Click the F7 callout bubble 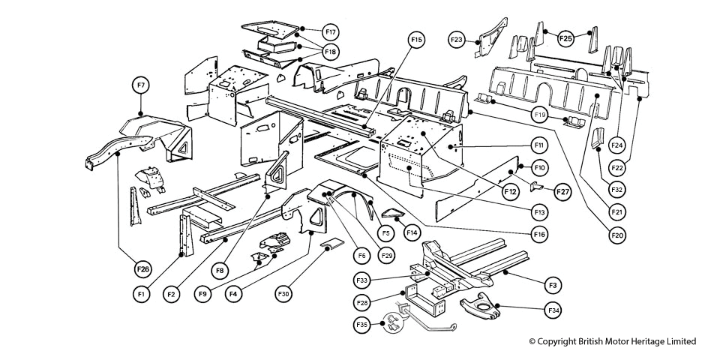pos(141,85)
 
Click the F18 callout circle pos(331,52)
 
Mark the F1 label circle pos(141,294)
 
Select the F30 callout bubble pos(283,294)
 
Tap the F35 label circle pos(362,325)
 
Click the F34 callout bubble pos(553,309)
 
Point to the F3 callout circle pos(553,285)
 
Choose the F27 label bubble pos(562,192)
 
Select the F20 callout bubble pos(617,235)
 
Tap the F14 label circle pos(412,232)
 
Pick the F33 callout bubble pos(362,281)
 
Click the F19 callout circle pos(539,115)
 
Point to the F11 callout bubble pos(539,143)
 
